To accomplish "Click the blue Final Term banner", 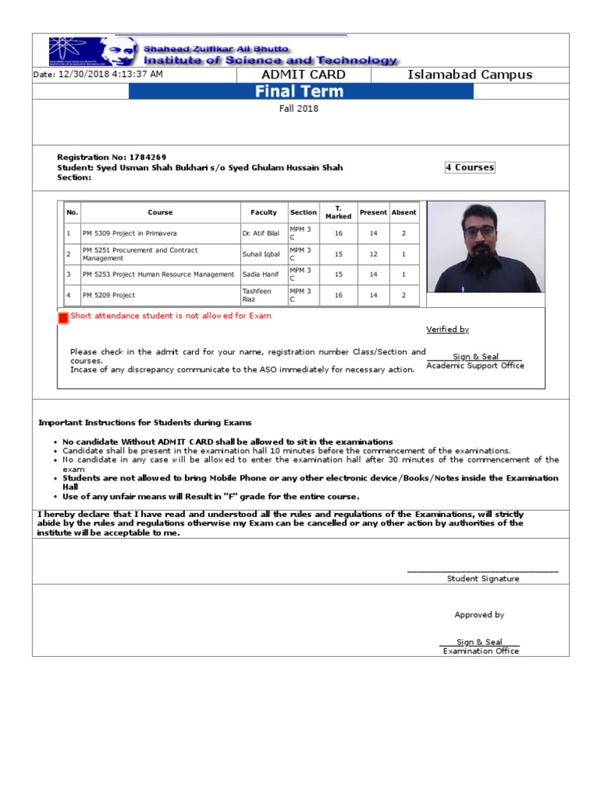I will pos(300,92).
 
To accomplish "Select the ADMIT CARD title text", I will pos(304,75).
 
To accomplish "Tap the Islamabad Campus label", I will pos(470,75).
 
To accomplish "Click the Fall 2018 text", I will pos(299,109).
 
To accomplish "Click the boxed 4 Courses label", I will pos(470,167).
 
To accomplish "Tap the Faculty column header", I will pos(264,212).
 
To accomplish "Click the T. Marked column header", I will pos(338,212).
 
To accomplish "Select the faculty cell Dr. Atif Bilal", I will pos(260,233).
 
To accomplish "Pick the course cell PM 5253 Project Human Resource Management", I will pos(159,274).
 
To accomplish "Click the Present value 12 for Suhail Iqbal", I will pos(373,254).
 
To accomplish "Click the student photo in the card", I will pos(486,247).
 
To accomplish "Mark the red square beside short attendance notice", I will pos(63,318).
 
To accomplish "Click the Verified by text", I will pos(448,330).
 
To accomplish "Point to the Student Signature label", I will pos(483,578).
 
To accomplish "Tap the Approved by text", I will pos(479,615).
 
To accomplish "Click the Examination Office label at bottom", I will pos(480,651).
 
